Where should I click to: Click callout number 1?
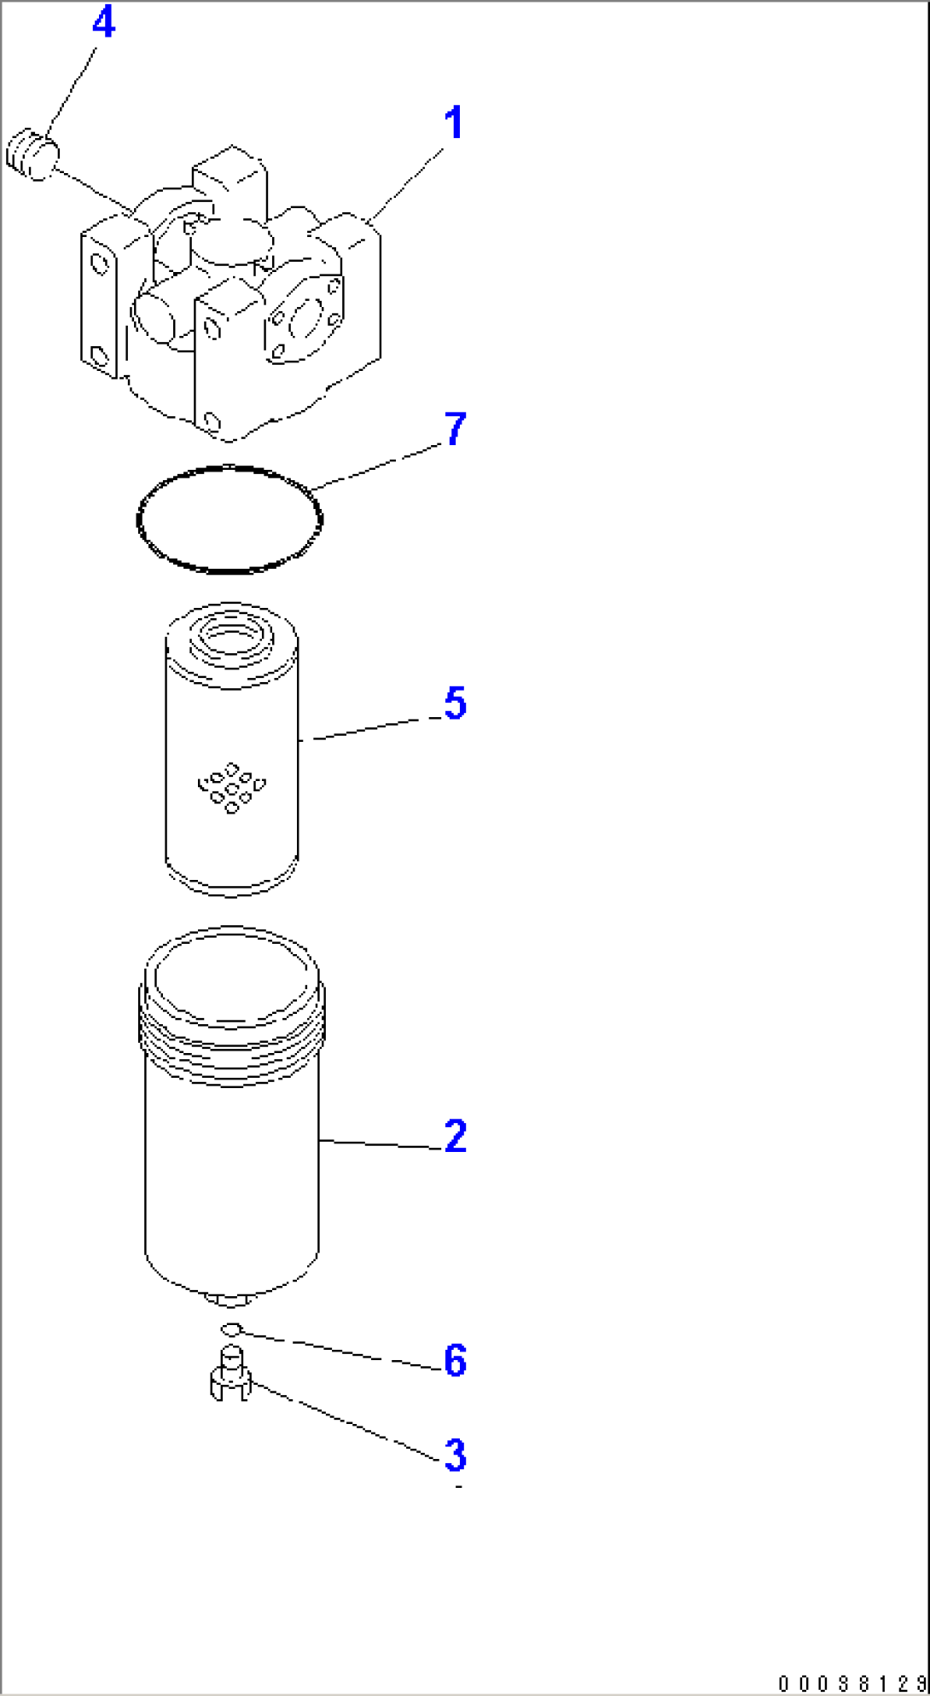click(x=454, y=124)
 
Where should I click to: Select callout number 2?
click(x=456, y=1137)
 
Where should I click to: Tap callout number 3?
click(x=456, y=1456)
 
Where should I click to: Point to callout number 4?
click(x=103, y=23)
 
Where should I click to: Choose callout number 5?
click(x=455, y=703)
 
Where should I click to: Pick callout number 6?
click(x=456, y=1360)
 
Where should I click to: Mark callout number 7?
click(x=456, y=429)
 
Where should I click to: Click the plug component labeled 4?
click(x=32, y=154)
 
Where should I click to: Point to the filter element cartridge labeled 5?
click(x=231, y=819)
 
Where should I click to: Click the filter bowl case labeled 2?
click(x=231, y=1177)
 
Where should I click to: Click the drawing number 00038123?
click(x=852, y=1683)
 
